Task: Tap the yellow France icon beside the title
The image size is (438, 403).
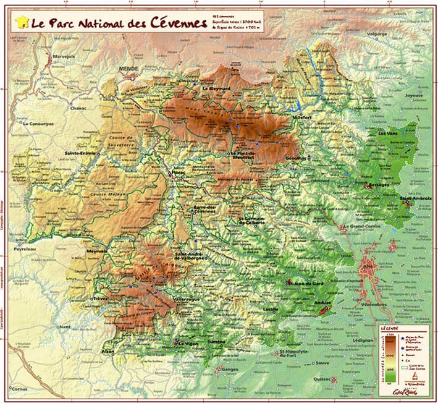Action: click(x=22, y=24)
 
